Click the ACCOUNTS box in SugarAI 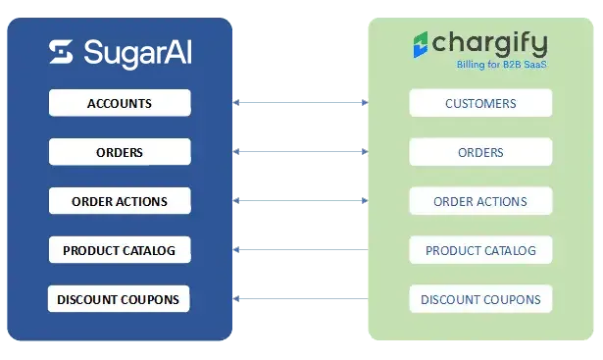point(120,103)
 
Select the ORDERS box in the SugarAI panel point(120,152)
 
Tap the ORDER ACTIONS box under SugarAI point(120,201)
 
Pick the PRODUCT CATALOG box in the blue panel point(120,250)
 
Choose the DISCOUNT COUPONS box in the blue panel point(119,299)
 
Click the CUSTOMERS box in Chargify point(480,103)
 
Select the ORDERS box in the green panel point(480,152)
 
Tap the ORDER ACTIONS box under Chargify point(480,201)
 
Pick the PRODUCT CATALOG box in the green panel point(480,250)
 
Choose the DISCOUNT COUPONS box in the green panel point(480,299)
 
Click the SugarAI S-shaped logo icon point(61,52)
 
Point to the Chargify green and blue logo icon point(421,44)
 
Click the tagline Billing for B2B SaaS point(501,64)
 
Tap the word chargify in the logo point(489,43)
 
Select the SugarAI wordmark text point(137,53)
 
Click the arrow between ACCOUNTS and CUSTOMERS point(300,102)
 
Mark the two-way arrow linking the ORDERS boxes point(300,151)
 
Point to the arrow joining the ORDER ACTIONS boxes point(300,200)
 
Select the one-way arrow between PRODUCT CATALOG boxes point(300,249)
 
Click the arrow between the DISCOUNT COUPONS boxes point(300,298)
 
